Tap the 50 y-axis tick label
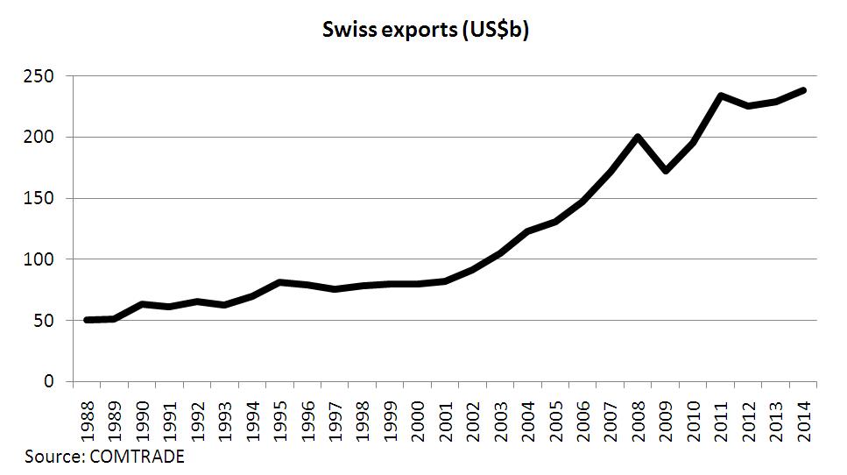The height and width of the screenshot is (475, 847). pos(49,321)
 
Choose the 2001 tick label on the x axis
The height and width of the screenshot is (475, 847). pos(445,420)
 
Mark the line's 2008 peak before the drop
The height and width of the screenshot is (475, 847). pos(638,137)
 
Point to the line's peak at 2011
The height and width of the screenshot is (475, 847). pos(720,96)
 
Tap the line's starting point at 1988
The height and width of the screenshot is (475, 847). pos(88,320)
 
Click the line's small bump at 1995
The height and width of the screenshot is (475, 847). pos(279,282)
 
